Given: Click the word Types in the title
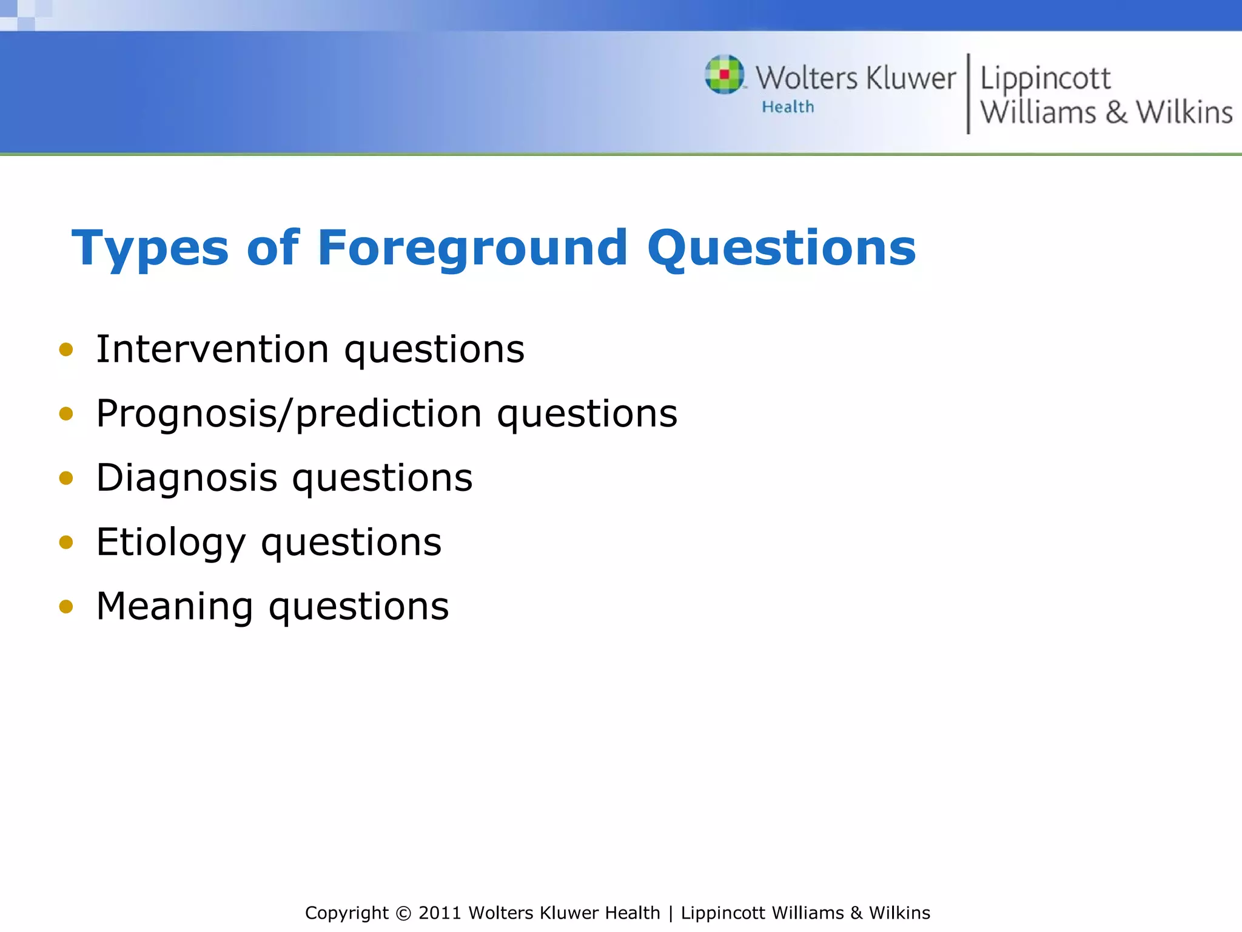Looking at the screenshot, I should (x=150, y=249).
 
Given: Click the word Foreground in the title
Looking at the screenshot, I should (x=472, y=249).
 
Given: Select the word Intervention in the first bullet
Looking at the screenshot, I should (x=212, y=349).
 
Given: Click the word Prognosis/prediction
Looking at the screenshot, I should (x=289, y=414).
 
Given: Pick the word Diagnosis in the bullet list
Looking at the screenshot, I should (x=187, y=478).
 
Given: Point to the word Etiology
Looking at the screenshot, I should (x=171, y=542).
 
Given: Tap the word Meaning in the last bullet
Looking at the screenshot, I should (x=175, y=606).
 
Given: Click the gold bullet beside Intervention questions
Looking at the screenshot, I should (x=66, y=349).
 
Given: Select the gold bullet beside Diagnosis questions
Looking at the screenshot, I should (x=66, y=478).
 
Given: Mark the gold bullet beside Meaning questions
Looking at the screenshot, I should (x=66, y=606).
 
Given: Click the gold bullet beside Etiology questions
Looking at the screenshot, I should (x=66, y=542).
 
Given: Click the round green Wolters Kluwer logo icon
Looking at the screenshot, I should (x=724, y=75).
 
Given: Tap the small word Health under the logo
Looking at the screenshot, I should (x=788, y=107).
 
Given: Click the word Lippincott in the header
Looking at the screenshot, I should (x=1045, y=79).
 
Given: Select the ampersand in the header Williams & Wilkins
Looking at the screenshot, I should (x=1116, y=113).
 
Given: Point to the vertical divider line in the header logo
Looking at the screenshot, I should (x=968, y=93).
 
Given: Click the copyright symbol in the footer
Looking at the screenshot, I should (x=403, y=913).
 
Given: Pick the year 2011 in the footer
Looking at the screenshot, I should (x=440, y=913).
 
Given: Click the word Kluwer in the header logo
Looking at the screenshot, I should (x=911, y=79).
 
